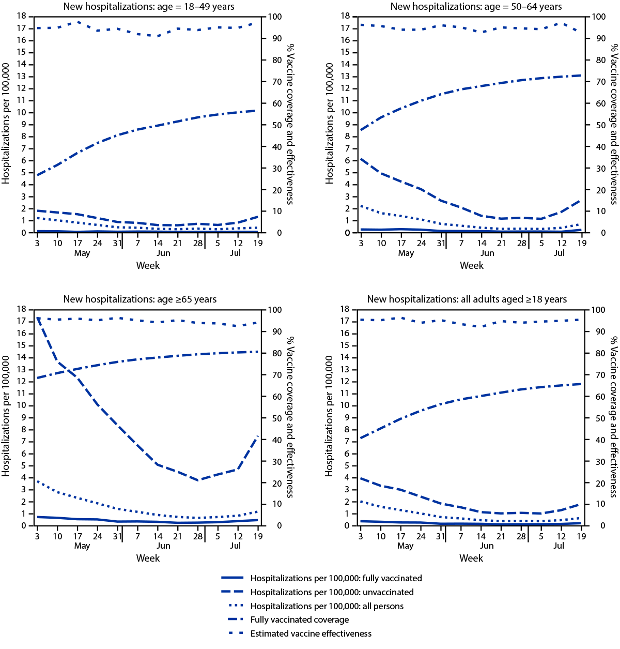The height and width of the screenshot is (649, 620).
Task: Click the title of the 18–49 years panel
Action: (x=149, y=7)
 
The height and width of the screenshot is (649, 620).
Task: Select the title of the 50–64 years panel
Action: (x=476, y=7)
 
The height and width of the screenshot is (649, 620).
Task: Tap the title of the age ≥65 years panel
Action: (x=140, y=299)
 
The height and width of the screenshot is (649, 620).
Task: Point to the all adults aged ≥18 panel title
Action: (x=467, y=299)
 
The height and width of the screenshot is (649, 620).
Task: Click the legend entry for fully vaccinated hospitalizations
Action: (x=336, y=578)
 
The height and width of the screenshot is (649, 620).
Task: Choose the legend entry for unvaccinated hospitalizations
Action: (x=332, y=592)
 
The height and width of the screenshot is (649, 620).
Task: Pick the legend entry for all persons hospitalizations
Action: (x=327, y=606)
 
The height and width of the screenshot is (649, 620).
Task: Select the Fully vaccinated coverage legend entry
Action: (x=299, y=620)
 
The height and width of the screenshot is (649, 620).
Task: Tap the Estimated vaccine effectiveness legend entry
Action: (x=311, y=633)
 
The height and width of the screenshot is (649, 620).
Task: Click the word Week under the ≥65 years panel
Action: (x=148, y=559)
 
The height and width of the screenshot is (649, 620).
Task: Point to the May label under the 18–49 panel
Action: (x=82, y=253)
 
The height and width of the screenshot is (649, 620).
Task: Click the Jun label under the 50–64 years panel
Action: (x=487, y=253)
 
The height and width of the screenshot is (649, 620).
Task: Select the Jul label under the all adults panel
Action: (x=559, y=546)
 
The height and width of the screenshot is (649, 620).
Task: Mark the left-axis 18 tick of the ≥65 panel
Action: (x=21, y=309)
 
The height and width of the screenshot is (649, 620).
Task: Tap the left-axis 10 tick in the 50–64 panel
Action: (x=345, y=113)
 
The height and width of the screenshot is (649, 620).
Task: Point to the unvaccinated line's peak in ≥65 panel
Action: (x=38, y=318)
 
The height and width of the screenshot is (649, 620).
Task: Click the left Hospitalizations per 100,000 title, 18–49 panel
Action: (x=6, y=124)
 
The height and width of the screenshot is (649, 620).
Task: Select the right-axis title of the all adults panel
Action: (x=613, y=417)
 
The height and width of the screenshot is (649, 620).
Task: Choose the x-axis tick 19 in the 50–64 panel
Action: (x=582, y=243)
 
